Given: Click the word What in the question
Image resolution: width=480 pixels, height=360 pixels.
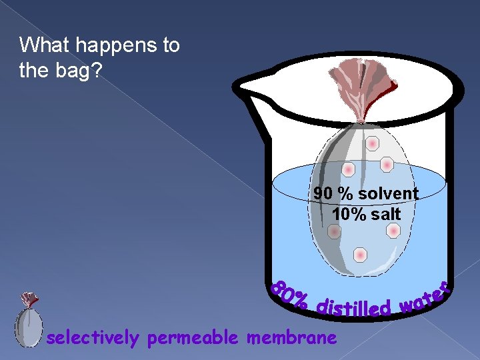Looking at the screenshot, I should click(44, 45).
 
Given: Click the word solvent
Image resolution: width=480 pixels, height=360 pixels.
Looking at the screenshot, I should click(388, 194).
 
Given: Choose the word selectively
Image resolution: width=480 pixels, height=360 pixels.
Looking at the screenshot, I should click(93, 338).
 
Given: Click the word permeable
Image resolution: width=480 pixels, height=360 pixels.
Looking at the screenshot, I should click(193, 338).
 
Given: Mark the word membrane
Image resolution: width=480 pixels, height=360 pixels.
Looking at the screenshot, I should click(291, 338).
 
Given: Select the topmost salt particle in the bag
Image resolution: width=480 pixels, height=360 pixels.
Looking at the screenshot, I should click(372, 143).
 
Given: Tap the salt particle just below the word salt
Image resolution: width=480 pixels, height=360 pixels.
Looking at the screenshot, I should click(393, 231).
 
